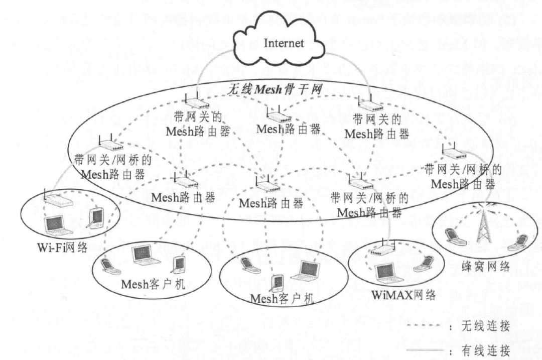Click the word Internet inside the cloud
(x=284, y=43)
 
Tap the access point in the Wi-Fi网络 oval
(x=59, y=201)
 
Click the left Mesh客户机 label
(x=154, y=285)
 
